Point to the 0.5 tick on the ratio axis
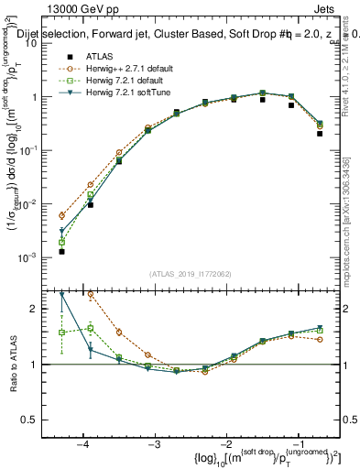[34, 419]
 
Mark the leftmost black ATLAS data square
[61, 251]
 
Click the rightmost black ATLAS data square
[320, 133]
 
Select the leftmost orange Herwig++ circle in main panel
[61, 215]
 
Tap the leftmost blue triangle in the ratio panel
[61, 295]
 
